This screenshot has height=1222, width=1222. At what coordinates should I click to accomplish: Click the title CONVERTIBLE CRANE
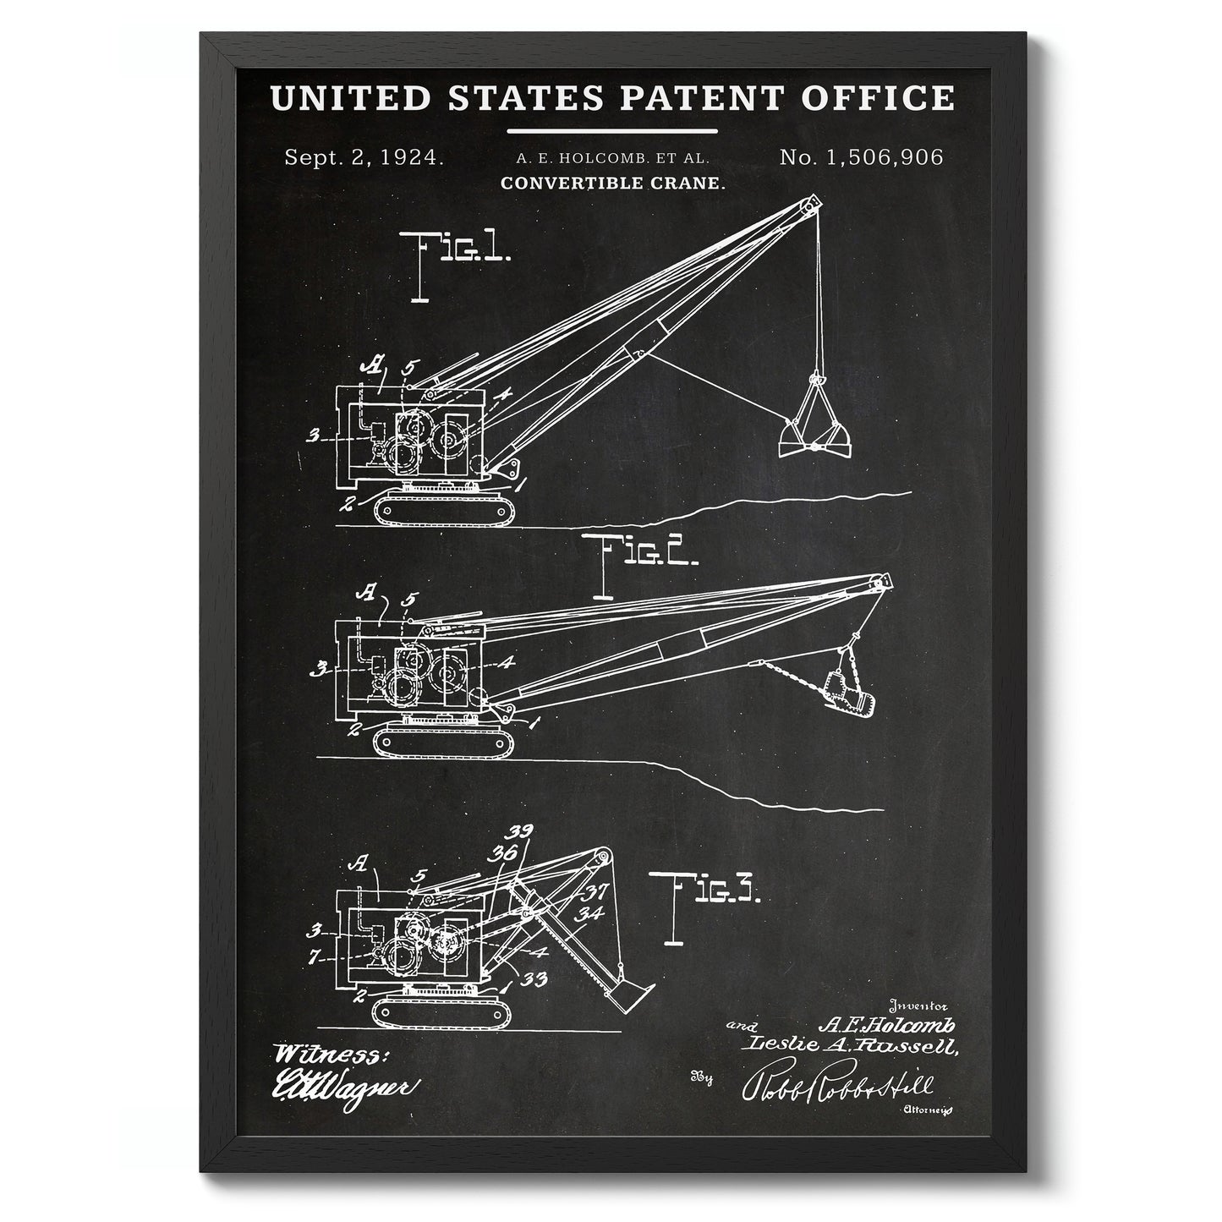tap(613, 183)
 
